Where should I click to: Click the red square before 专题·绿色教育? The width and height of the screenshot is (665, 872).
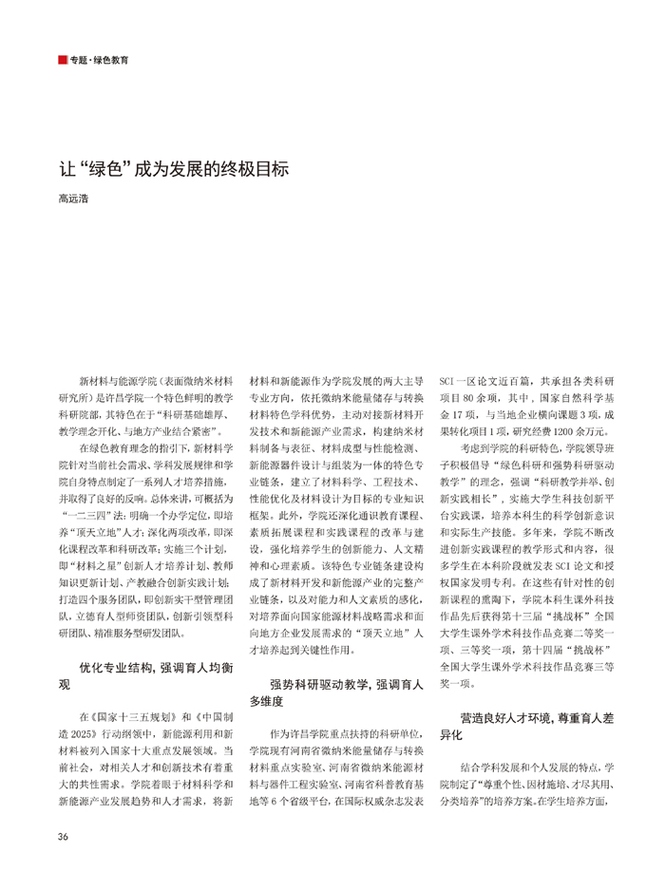click(x=62, y=60)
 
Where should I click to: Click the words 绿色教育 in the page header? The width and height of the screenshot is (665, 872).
click(x=112, y=60)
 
